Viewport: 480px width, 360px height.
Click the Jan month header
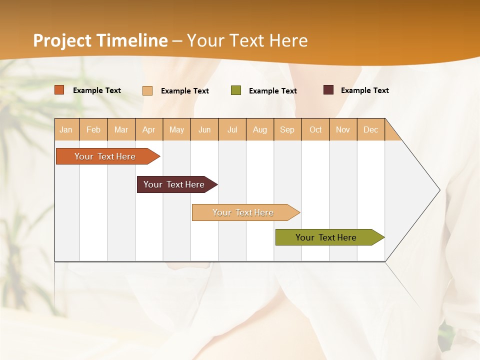pyautogui.click(x=66, y=129)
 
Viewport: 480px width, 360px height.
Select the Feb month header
pyautogui.click(x=93, y=129)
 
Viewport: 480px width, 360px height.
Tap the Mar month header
pyautogui.click(x=121, y=129)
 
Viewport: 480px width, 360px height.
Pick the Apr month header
pyautogui.click(x=149, y=129)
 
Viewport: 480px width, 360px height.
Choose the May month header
pyautogui.click(x=176, y=129)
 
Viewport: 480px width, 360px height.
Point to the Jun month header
pyautogui.click(x=204, y=129)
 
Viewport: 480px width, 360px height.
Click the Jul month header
pyautogui.click(x=232, y=129)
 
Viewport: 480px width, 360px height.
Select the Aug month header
pyautogui.click(x=260, y=129)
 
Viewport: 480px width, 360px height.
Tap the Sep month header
pyautogui.click(x=287, y=129)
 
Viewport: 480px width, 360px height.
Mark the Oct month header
pyautogui.click(x=315, y=129)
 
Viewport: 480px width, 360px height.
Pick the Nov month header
pyautogui.click(x=343, y=129)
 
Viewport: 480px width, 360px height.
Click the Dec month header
pyautogui.click(x=371, y=129)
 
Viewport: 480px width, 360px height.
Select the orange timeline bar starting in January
pyautogui.click(x=105, y=156)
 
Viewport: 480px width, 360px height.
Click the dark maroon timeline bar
pyautogui.click(x=174, y=184)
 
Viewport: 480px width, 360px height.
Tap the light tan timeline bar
pyautogui.click(x=243, y=212)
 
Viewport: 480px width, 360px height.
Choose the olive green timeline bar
pyautogui.click(x=326, y=237)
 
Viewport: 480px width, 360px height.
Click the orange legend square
pyautogui.click(x=59, y=90)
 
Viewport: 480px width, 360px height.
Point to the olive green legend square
pyautogui.click(x=236, y=90)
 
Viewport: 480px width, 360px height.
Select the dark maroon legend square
pyautogui.click(x=328, y=90)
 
